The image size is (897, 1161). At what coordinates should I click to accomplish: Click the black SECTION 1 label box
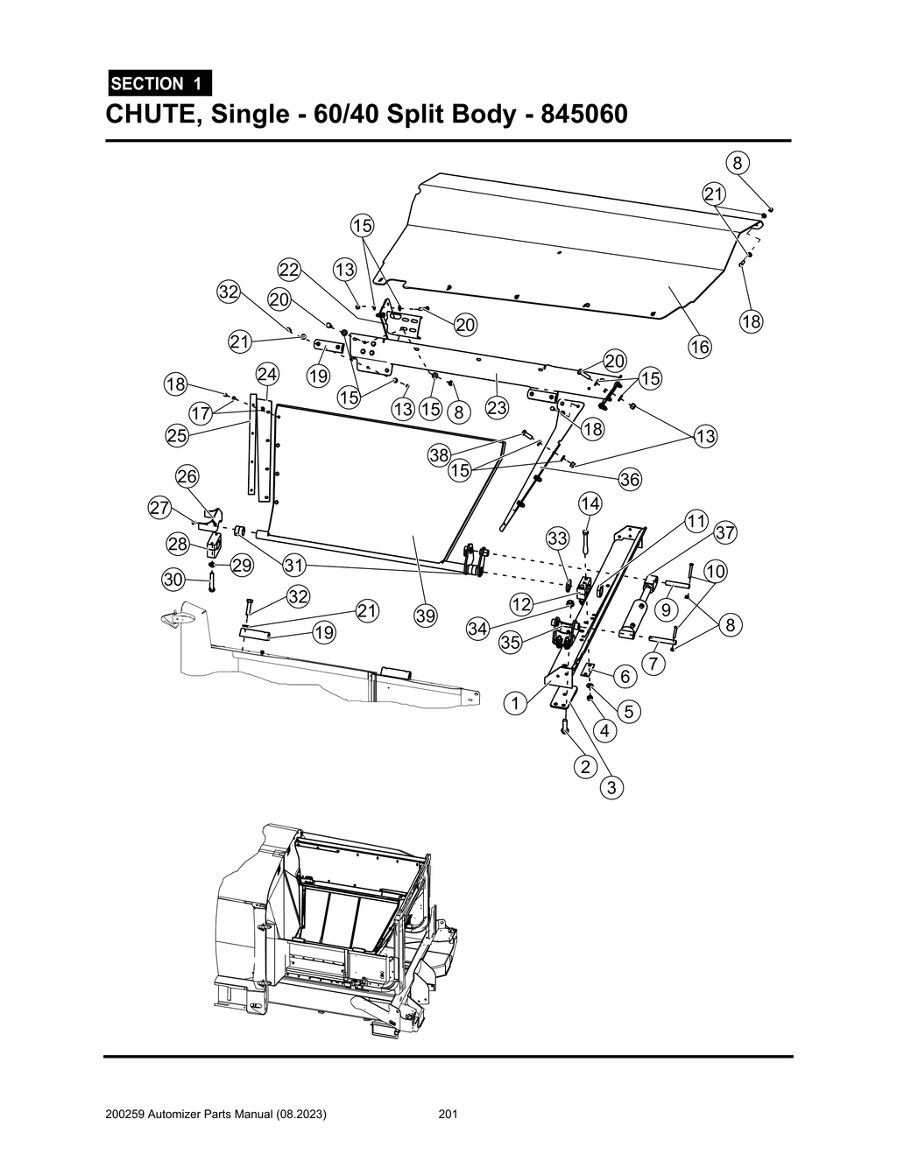(x=159, y=84)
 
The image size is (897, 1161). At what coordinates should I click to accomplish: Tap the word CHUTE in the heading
(x=152, y=115)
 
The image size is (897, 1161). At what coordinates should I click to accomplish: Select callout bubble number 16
(x=699, y=347)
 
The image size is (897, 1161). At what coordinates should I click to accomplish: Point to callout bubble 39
(x=426, y=616)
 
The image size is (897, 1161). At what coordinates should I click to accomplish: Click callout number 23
(x=497, y=407)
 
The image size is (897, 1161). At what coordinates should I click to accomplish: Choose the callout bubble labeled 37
(x=724, y=532)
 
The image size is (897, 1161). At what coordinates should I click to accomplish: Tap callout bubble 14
(x=590, y=503)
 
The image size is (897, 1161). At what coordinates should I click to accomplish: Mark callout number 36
(x=630, y=479)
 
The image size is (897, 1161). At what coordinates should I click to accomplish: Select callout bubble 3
(x=611, y=788)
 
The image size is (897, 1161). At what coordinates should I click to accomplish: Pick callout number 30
(x=173, y=579)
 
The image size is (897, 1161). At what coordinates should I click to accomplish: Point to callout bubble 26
(x=187, y=476)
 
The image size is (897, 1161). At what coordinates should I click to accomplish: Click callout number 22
(x=290, y=268)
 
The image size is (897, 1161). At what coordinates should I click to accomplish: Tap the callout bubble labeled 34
(x=477, y=629)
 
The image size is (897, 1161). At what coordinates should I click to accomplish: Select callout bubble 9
(x=667, y=608)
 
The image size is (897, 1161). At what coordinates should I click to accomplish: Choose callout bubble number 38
(x=439, y=454)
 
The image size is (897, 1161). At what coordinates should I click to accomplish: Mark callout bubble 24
(x=266, y=375)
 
